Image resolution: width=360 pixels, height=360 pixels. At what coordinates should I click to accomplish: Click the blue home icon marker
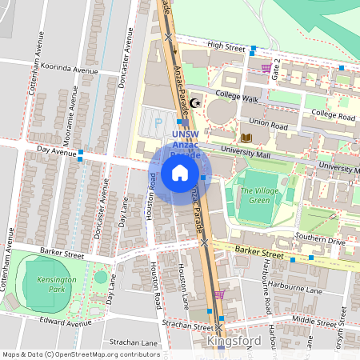[x=180, y=173]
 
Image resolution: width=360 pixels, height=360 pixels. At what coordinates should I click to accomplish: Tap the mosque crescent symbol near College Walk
[x=195, y=103]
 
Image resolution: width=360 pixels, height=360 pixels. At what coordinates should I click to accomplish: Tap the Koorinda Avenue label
[x=73, y=70]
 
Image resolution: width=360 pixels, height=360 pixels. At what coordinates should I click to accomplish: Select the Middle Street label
[x=315, y=318]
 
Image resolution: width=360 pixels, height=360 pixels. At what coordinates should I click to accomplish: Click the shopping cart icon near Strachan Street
[x=219, y=294]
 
